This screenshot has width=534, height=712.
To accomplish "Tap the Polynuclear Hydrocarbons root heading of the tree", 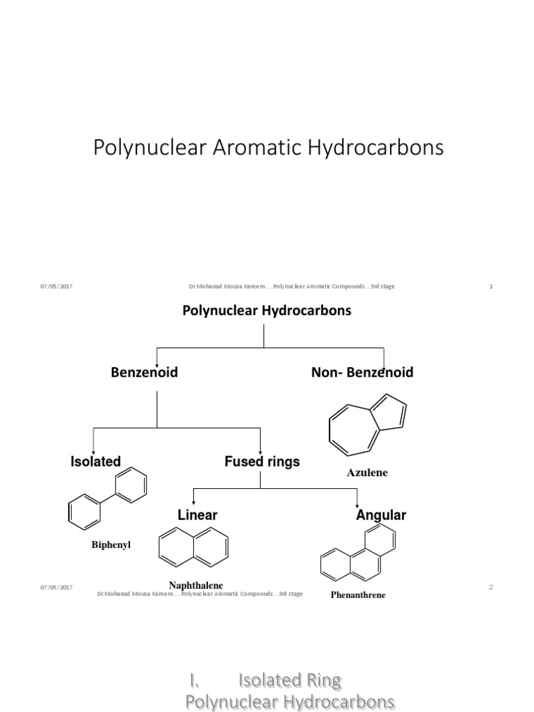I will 266,311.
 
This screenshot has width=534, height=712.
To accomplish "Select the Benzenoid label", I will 144,373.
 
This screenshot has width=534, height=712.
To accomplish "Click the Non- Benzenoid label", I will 362,373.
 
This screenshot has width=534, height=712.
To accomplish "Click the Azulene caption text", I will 367,473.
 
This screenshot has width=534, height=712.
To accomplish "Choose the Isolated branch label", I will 96,461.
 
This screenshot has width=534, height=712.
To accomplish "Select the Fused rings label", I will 262,461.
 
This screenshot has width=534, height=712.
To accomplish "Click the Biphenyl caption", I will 111,545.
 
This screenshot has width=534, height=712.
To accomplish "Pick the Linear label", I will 197,515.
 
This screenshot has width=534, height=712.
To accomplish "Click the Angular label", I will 381,515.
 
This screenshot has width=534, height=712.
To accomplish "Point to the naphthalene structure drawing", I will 193,546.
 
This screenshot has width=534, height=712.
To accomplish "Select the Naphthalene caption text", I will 196,585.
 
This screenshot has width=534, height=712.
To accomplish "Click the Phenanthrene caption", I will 358,595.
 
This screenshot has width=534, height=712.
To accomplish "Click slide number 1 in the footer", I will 491,286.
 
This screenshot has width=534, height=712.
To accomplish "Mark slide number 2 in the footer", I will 491,588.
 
